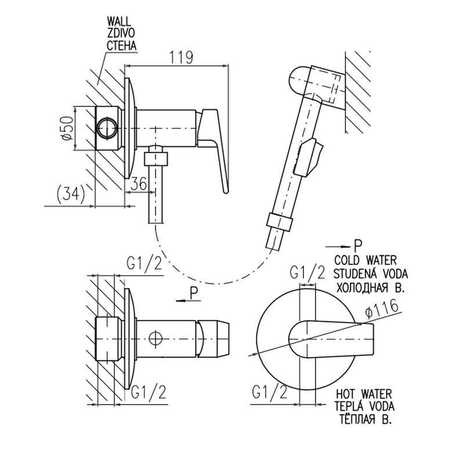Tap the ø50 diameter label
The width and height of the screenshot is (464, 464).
67,128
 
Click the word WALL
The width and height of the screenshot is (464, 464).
119,21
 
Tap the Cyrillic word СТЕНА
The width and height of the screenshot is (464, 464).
121,45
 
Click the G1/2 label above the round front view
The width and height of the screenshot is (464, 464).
307,272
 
